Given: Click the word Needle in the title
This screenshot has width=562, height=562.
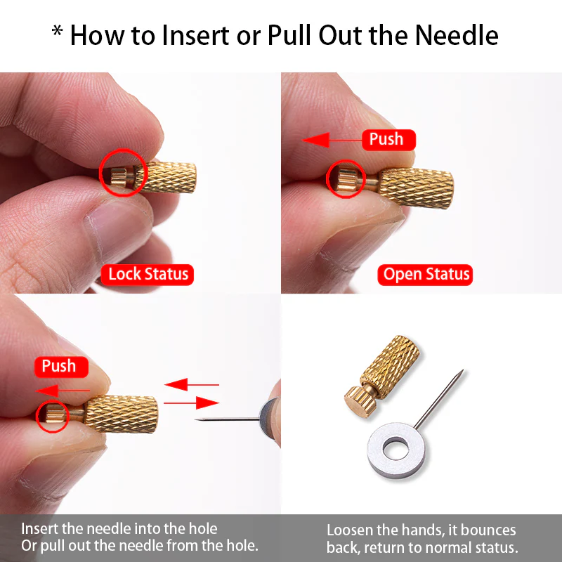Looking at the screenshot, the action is (x=457, y=36).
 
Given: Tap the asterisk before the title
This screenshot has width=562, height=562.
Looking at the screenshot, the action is (x=57, y=31).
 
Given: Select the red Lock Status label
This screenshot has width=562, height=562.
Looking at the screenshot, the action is (x=147, y=275).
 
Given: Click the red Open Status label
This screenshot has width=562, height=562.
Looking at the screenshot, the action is (x=425, y=275).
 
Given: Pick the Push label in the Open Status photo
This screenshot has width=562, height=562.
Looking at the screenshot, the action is (x=389, y=139).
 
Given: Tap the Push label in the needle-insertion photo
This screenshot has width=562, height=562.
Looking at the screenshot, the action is (x=61, y=367).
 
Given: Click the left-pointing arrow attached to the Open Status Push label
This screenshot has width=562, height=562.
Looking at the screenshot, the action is (x=332, y=140).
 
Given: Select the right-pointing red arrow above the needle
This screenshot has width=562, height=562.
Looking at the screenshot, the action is (x=191, y=403).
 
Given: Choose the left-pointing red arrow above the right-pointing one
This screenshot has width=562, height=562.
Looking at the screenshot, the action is (x=192, y=384).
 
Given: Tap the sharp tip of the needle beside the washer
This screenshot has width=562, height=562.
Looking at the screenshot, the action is (x=462, y=370).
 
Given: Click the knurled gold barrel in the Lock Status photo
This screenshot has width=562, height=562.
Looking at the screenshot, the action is (x=166, y=177).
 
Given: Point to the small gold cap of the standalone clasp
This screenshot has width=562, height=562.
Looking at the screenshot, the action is (x=360, y=401).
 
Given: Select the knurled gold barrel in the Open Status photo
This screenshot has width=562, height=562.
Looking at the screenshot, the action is (x=417, y=188).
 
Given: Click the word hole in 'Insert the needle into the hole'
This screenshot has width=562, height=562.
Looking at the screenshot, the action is (x=203, y=529).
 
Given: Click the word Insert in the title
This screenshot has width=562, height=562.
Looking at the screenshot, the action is (x=196, y=36).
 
